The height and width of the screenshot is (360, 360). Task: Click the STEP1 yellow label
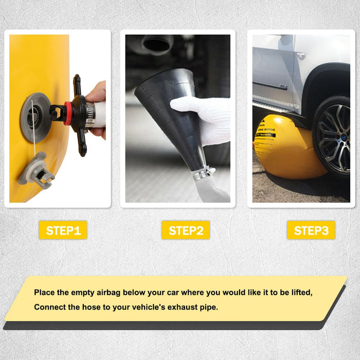[63, 230]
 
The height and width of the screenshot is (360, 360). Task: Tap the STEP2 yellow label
[186, 230]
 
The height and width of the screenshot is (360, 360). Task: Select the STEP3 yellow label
[311, 230]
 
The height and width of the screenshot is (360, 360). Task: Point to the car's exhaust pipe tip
[157, 43]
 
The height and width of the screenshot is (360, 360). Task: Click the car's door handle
[300, 56]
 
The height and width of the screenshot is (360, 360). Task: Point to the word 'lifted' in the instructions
[300, 292]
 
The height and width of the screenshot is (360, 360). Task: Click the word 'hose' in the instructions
[93, 307]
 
